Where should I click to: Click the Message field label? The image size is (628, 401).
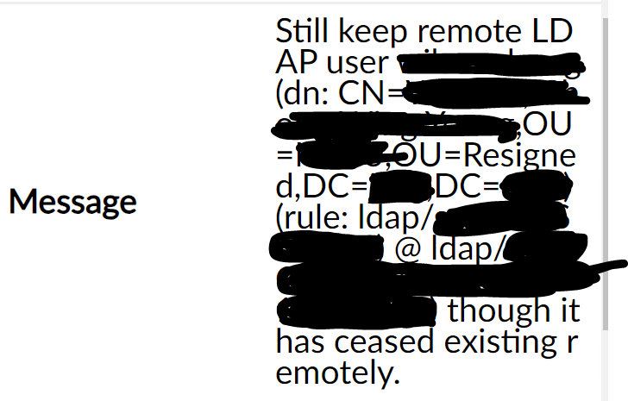coord(72,202)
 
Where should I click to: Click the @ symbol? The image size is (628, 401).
coord(406,248)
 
